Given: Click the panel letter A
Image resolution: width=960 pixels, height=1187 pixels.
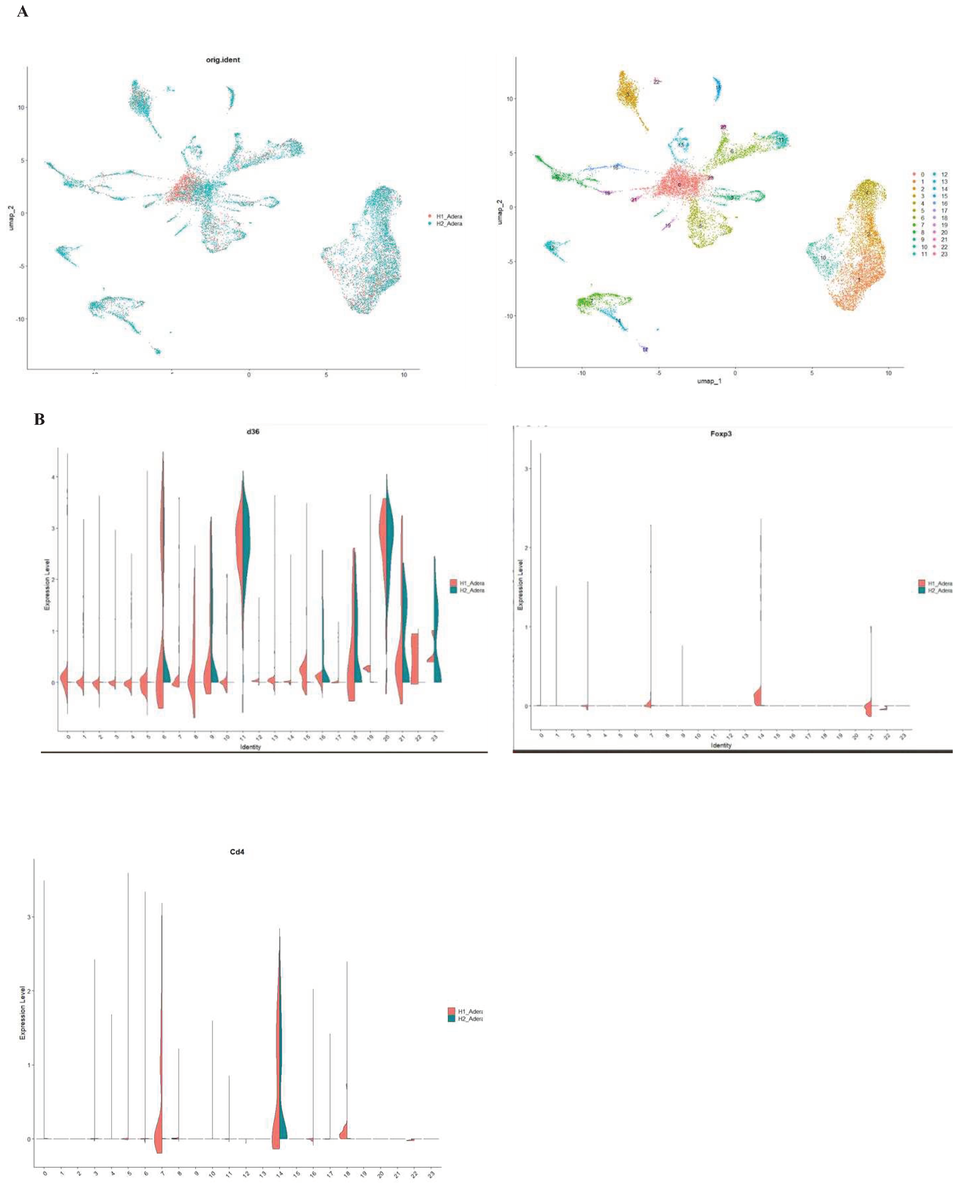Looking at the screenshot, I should (23, 12).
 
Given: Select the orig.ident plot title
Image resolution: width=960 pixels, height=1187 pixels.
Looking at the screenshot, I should (223, 60).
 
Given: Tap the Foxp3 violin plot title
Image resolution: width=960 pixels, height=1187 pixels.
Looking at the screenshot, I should (721, 434).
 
